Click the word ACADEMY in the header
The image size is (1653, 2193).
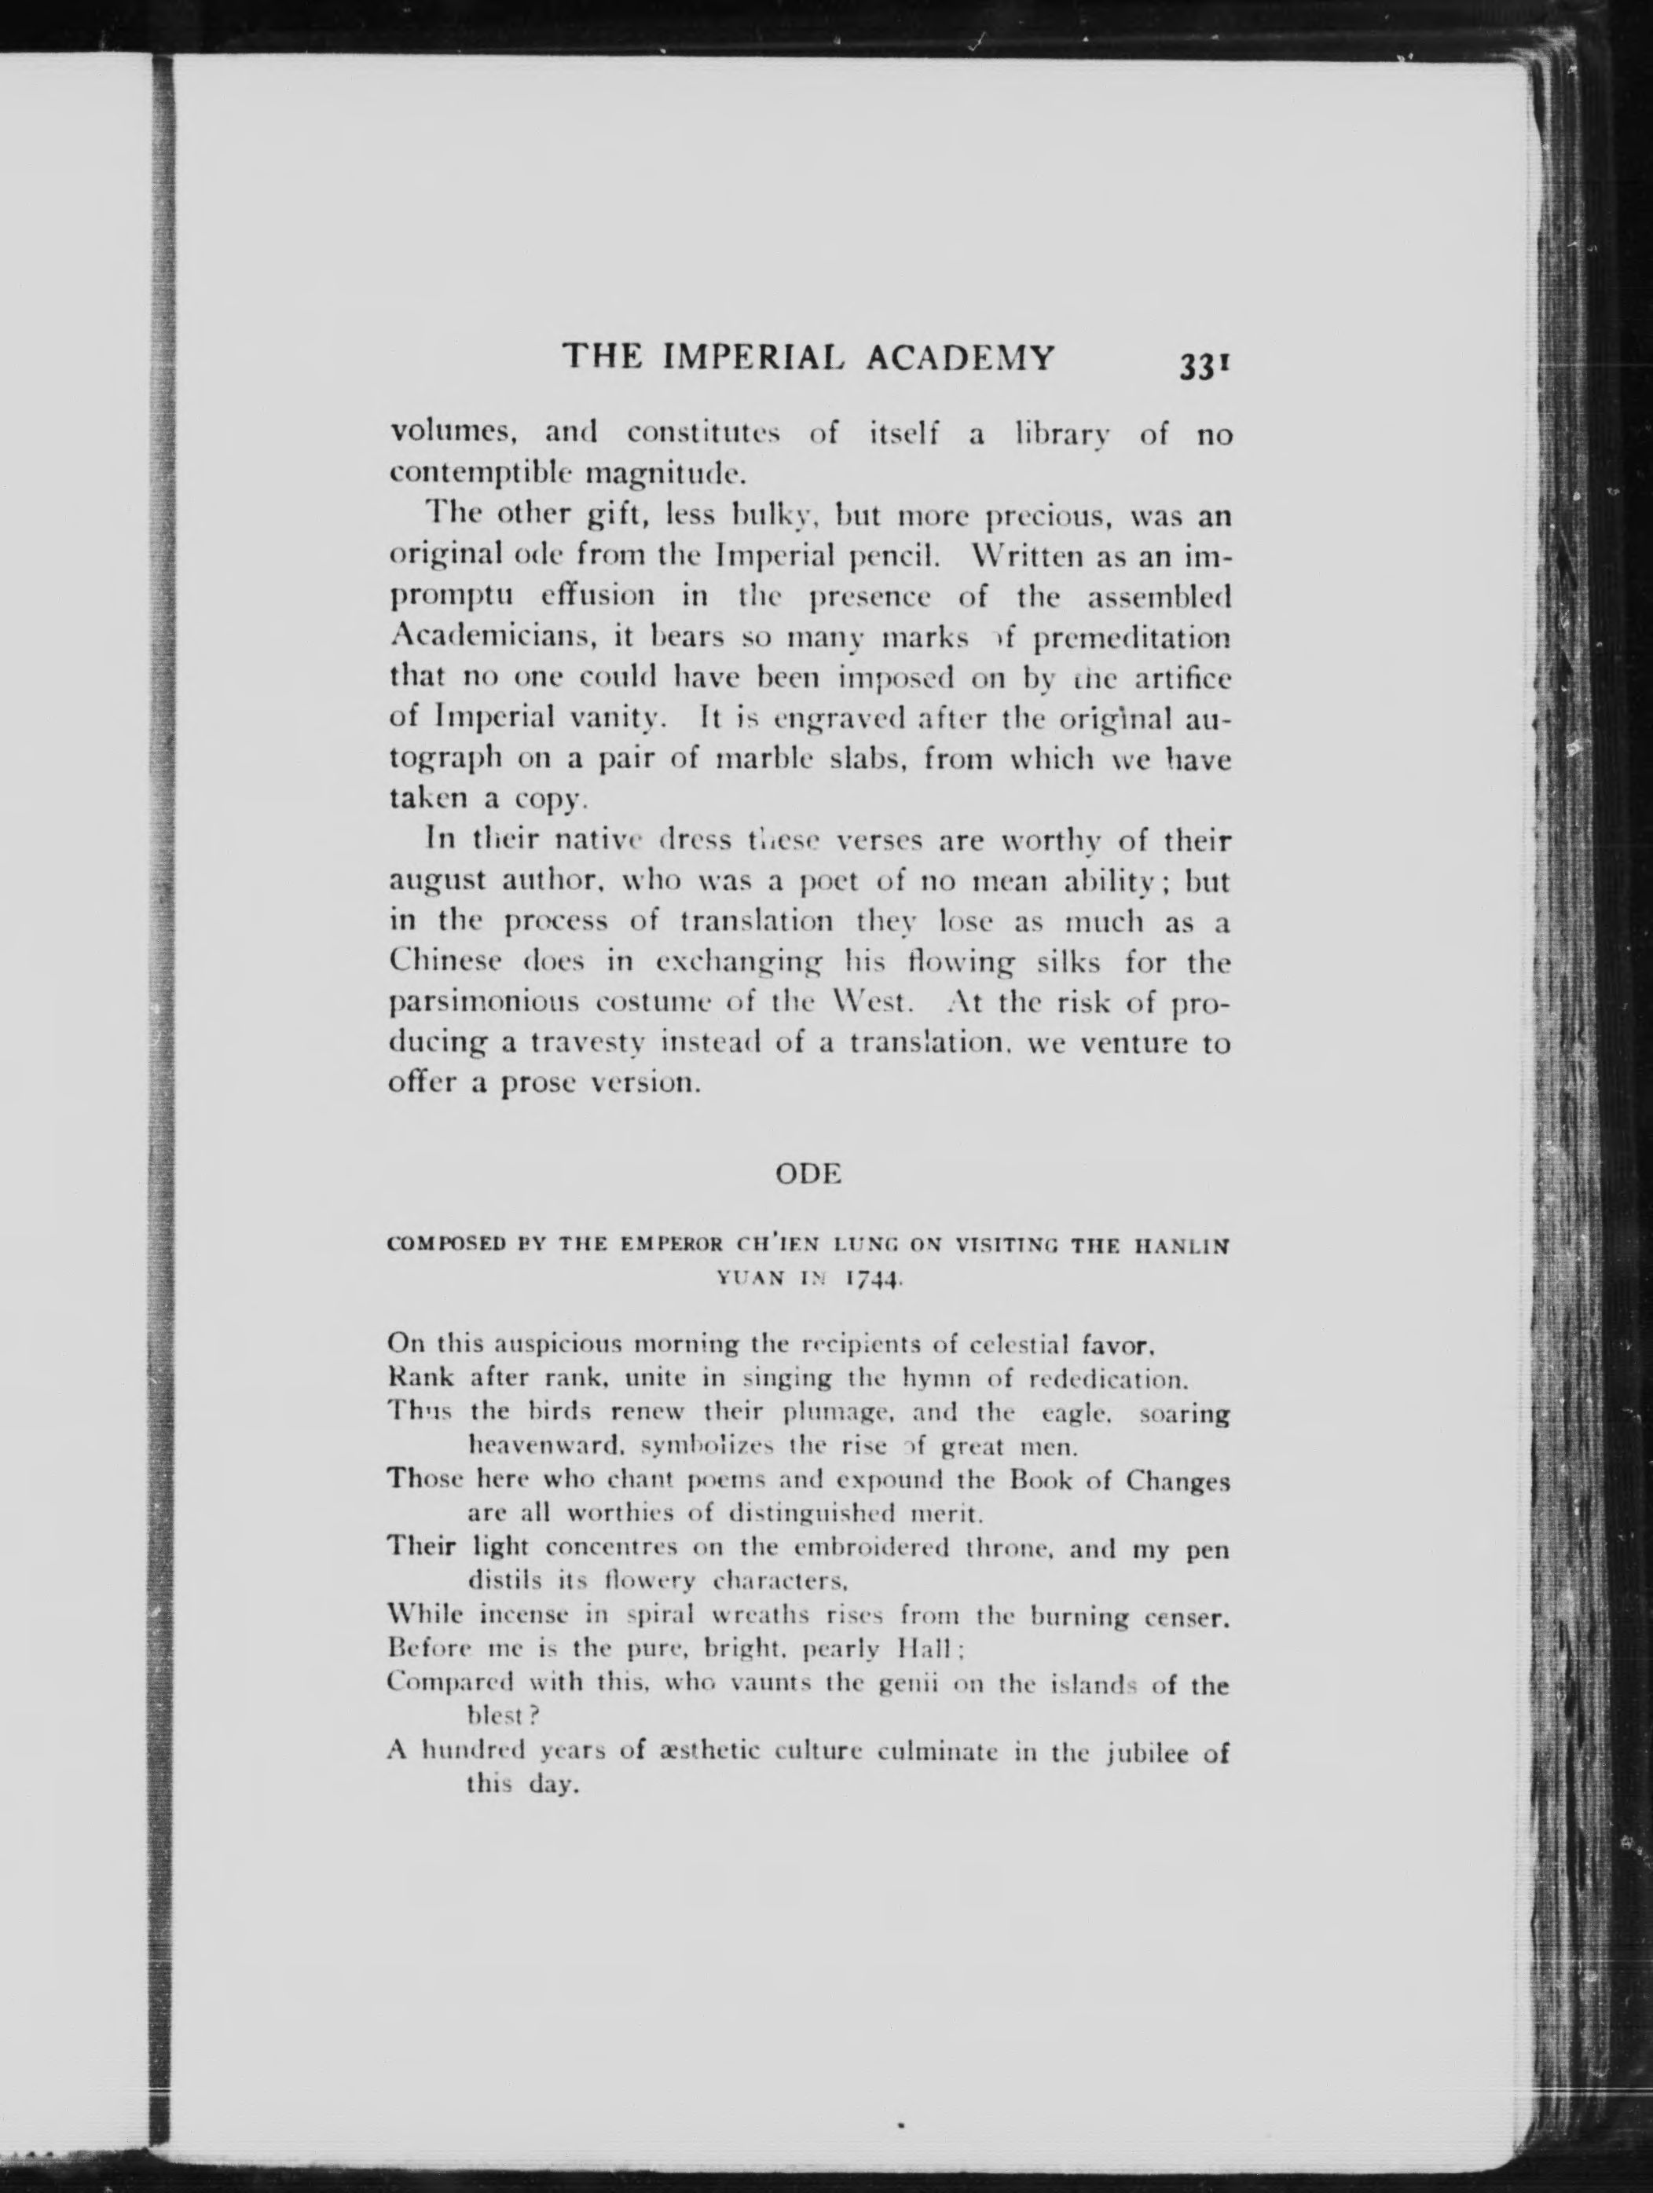960,357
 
